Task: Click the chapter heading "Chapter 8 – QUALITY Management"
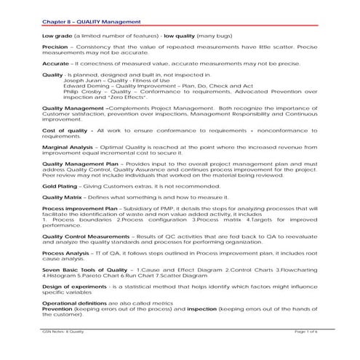(81, 23)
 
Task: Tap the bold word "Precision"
(56, 48)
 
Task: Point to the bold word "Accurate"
(56, 65)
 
